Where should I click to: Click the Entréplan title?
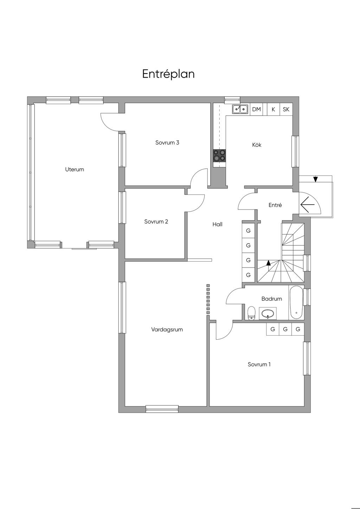point(168,74)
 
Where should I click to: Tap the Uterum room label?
point(75,169)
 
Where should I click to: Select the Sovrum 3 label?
point(167,142)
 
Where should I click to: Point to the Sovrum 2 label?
point(156,221)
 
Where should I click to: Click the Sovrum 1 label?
point(259,364)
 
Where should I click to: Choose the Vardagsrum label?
point(167,329)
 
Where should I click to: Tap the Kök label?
point(257,144)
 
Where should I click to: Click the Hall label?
point(218,224)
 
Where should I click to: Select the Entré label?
point(275,205)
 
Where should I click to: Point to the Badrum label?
point(272,298)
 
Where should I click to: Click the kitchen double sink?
point(240,109)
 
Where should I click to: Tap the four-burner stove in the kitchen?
point(219,156)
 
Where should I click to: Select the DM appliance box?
point(256,109)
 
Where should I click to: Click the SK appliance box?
point(286,109)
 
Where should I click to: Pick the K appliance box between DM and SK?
point(273,109)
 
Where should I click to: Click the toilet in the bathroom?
point(251,313)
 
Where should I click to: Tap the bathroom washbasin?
point(268,314)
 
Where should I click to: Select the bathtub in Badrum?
point(296,302)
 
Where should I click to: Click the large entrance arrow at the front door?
point(308,205)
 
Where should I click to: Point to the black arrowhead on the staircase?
point(269,263)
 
